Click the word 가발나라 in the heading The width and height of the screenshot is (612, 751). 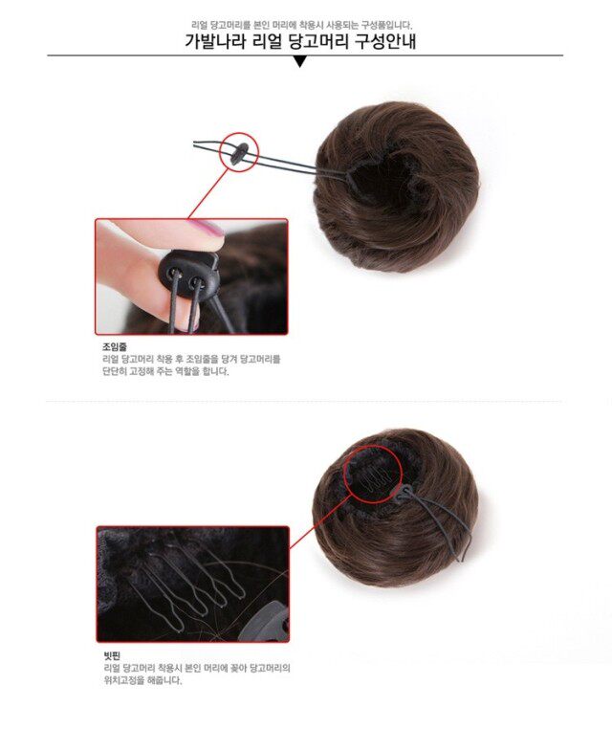pyautogui.click(x=217, y=42)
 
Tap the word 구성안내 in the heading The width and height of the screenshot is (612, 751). pyautogui.click(x=384, y=42)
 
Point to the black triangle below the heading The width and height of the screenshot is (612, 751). pyautogui.click(x=300, y=62)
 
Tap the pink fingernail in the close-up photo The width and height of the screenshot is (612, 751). pyautogui.click(x=208, y=229)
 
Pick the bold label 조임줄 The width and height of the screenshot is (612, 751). pyautogui.click(x=115, y=346)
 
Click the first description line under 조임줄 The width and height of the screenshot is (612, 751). pyautogui.click(x=191, y=359)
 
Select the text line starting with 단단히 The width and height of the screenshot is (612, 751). pyautogui.click(x=165, y=371)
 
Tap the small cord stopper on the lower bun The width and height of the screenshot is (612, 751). pyautogui.click(x=407, y=493)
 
